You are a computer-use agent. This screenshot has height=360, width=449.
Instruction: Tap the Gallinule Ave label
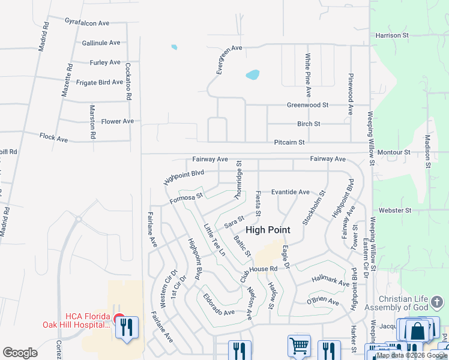point(101,43)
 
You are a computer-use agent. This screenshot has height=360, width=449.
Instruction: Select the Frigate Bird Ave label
point(100,82)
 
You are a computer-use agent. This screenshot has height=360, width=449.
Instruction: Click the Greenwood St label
point(307,104)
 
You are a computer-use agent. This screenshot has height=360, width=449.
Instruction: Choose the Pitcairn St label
point(289,142)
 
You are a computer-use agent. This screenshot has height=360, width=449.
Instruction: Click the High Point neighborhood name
point(268,230)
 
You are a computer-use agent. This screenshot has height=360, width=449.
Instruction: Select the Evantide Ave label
point(290,192)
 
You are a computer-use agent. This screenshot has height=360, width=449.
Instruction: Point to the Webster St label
point(395,211)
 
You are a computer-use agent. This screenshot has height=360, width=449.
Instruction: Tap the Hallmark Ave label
point(331,281)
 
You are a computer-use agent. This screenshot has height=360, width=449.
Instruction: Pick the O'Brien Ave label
point(323,301)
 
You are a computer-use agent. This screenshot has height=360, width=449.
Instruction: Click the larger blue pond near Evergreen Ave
point(253,75)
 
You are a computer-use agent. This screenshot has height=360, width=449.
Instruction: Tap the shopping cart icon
point(298,345)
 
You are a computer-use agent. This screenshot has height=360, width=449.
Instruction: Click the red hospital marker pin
point(119,320)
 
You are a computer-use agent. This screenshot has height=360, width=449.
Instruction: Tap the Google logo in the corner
point(20,353)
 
